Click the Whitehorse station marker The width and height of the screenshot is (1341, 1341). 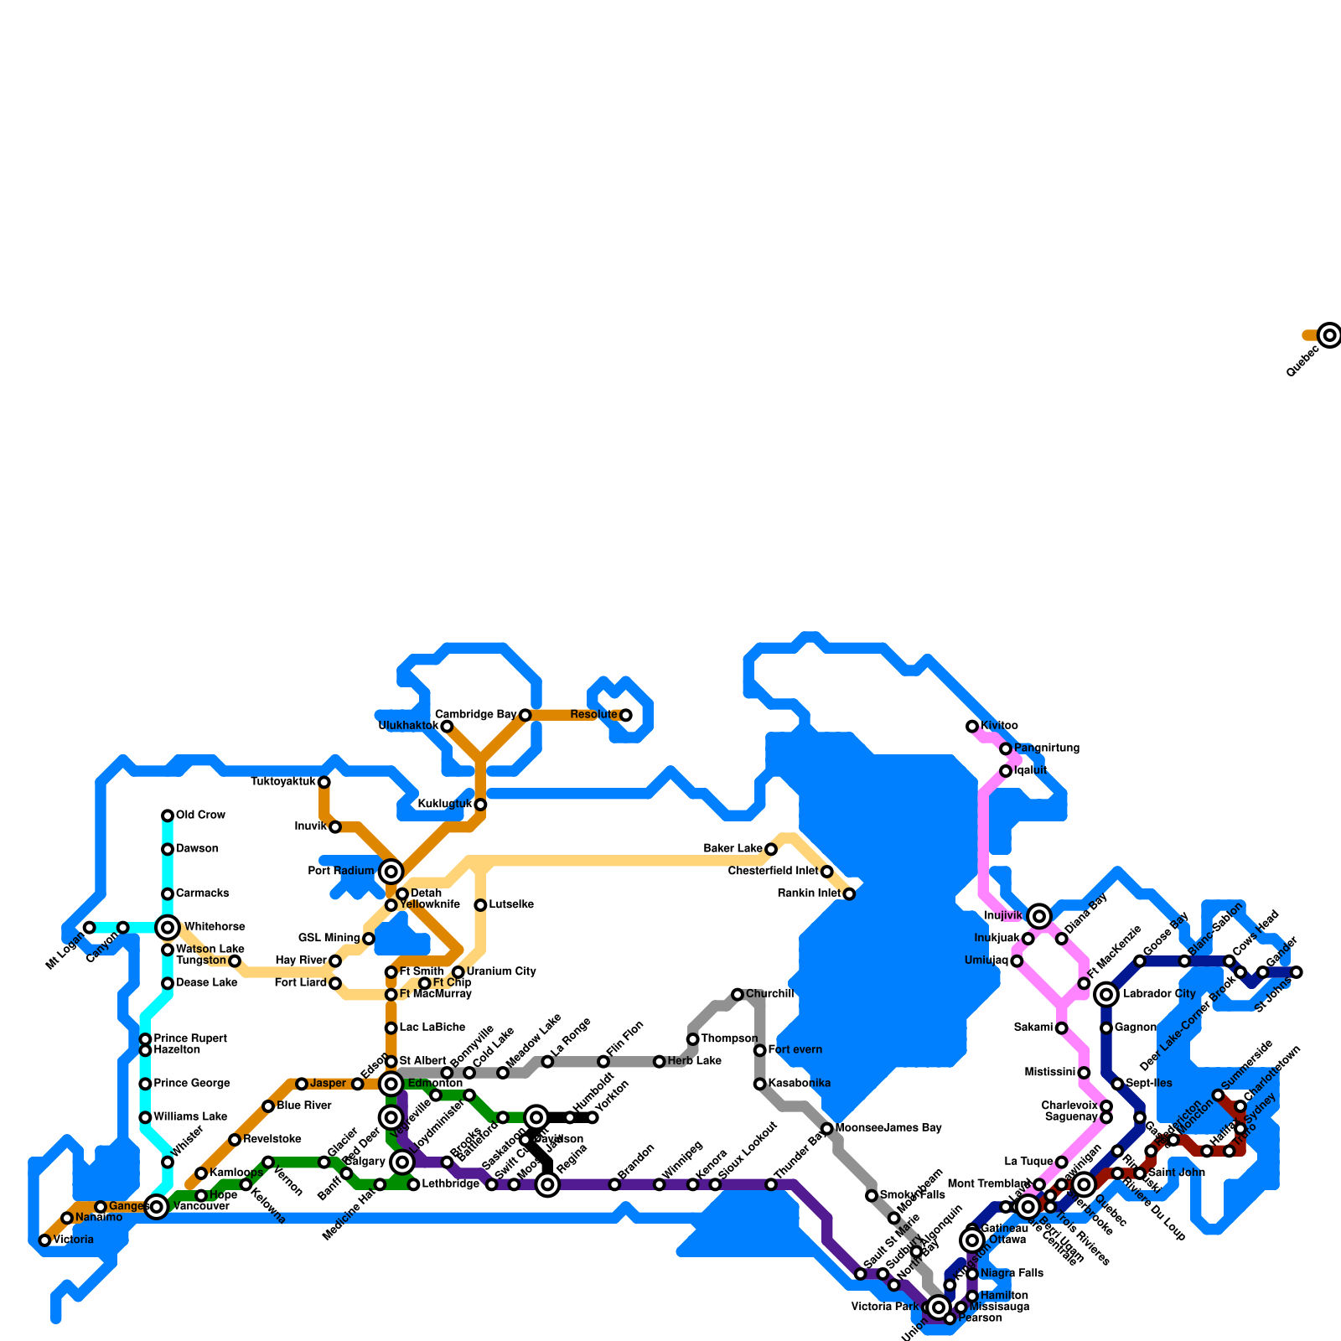(x=168, y=927)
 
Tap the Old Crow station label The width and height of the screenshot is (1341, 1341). (x=200, y=815)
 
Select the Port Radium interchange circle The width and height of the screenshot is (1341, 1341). (x=391, y=872)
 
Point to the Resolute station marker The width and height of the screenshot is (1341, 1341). (x=625, y=715)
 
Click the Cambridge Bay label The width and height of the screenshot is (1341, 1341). (x=475, y=715)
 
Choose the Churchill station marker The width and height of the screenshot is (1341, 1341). (x=738, y=994)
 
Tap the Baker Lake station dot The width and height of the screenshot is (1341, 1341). (x=771, y=849)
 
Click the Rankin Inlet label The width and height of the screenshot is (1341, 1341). (x=809, y=893)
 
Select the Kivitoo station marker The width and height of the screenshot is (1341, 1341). (x=972, y=726)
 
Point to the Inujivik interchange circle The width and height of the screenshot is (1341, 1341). (x=1039, y=916)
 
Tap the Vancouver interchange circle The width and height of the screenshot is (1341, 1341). (x=157, y=1207)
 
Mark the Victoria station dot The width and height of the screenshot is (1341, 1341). (x=45, y=1240)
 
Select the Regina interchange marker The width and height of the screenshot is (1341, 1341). (x=547, y=1184)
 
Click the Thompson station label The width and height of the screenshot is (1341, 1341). (x=729, y=1039)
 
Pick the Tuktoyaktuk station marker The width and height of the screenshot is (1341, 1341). (x=324, y=782)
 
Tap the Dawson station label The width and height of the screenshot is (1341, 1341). (x=197, y=849)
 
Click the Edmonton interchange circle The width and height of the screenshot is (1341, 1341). (x=391, y=1084)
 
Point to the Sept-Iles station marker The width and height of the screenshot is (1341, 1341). (x=1117, y=1084)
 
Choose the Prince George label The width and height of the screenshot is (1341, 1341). (x=191, y=1084)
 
